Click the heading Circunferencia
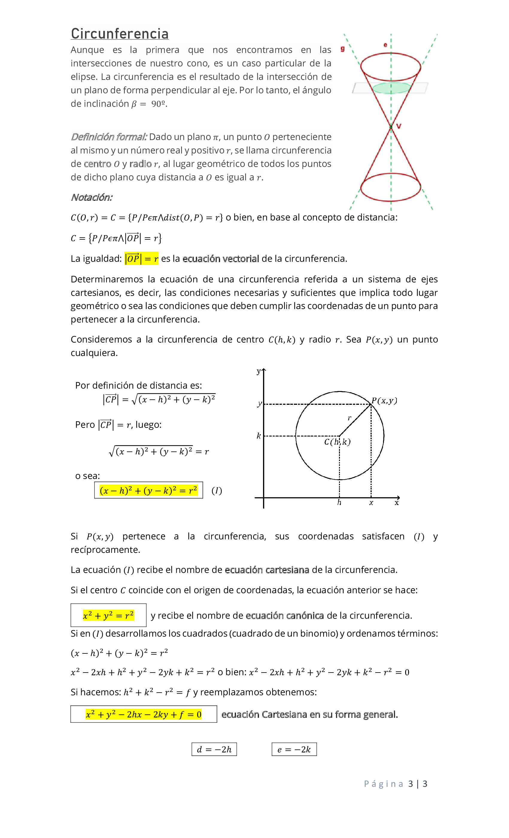click(119, 34)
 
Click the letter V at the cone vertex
click(399, 126)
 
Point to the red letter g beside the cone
click(343, 49)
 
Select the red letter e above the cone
click(385, 45)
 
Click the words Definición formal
click(109, 137)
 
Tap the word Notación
click(92, 197)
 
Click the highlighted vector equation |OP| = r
click(142, 258)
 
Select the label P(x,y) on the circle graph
click(384, 400)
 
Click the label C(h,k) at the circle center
click(337, 442)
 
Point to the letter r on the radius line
click(350, 418)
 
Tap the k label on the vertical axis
click(259, 436)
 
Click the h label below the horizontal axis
click(339, 503)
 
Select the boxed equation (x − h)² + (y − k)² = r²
click(148, 490)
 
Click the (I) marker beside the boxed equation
click(217, 490)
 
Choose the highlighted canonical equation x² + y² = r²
click(108, 615)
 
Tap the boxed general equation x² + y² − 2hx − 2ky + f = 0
click(144, 714)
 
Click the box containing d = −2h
click(214, 749)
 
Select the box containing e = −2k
click(294, 749)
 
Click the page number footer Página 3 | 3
click(395, 784)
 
